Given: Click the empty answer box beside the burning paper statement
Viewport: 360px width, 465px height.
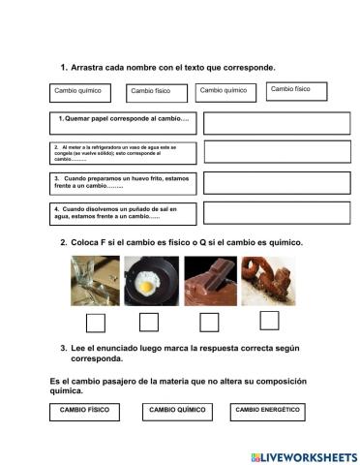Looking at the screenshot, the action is (x=266, y=122).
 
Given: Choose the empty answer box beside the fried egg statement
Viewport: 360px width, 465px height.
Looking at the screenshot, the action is (x=266, y=182).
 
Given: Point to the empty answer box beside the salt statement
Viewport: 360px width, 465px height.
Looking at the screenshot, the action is (x=266, y=213).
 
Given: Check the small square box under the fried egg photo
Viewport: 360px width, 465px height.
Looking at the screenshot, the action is (x=149, y=322).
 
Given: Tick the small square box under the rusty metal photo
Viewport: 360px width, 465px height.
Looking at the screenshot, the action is (x=270, y=321).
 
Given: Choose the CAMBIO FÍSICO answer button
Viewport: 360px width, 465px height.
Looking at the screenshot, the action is (x=84, y=411).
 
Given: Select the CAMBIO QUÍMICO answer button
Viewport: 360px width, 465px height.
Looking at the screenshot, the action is (x=177, y=412).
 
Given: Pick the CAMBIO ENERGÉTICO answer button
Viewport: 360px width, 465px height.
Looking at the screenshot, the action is (x=267, y=411).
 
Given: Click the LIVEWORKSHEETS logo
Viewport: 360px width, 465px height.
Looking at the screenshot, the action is (x=301, y=455).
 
